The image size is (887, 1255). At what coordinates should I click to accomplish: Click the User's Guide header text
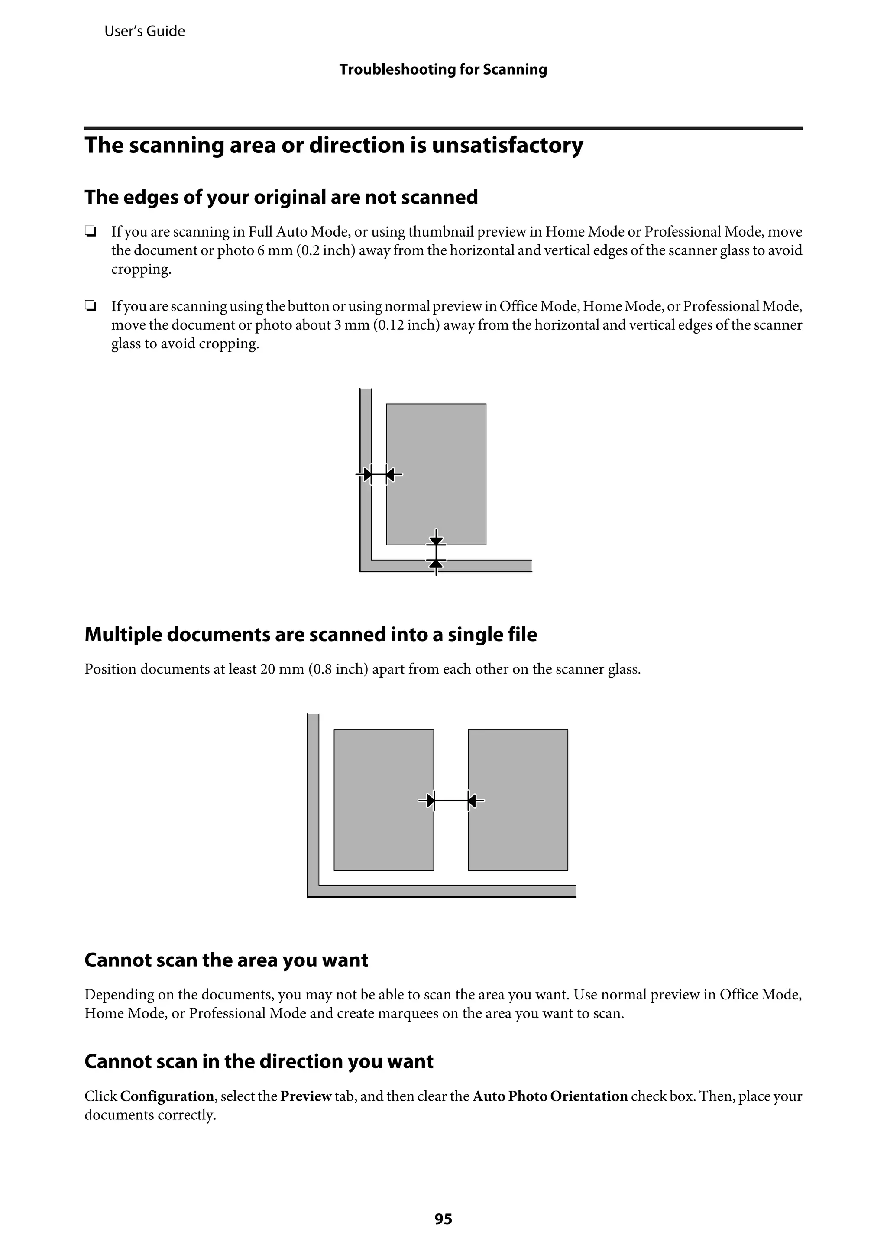coord(144,31)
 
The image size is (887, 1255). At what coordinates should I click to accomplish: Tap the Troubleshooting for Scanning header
coord(443,69)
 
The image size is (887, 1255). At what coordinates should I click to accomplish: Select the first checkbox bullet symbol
coord(90,232)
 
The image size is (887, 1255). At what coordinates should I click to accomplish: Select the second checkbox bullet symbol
coord(90,307)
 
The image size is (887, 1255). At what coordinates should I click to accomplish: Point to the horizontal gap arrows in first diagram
coord(379,474)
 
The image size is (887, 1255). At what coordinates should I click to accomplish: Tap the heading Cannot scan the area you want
coord(226,960)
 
